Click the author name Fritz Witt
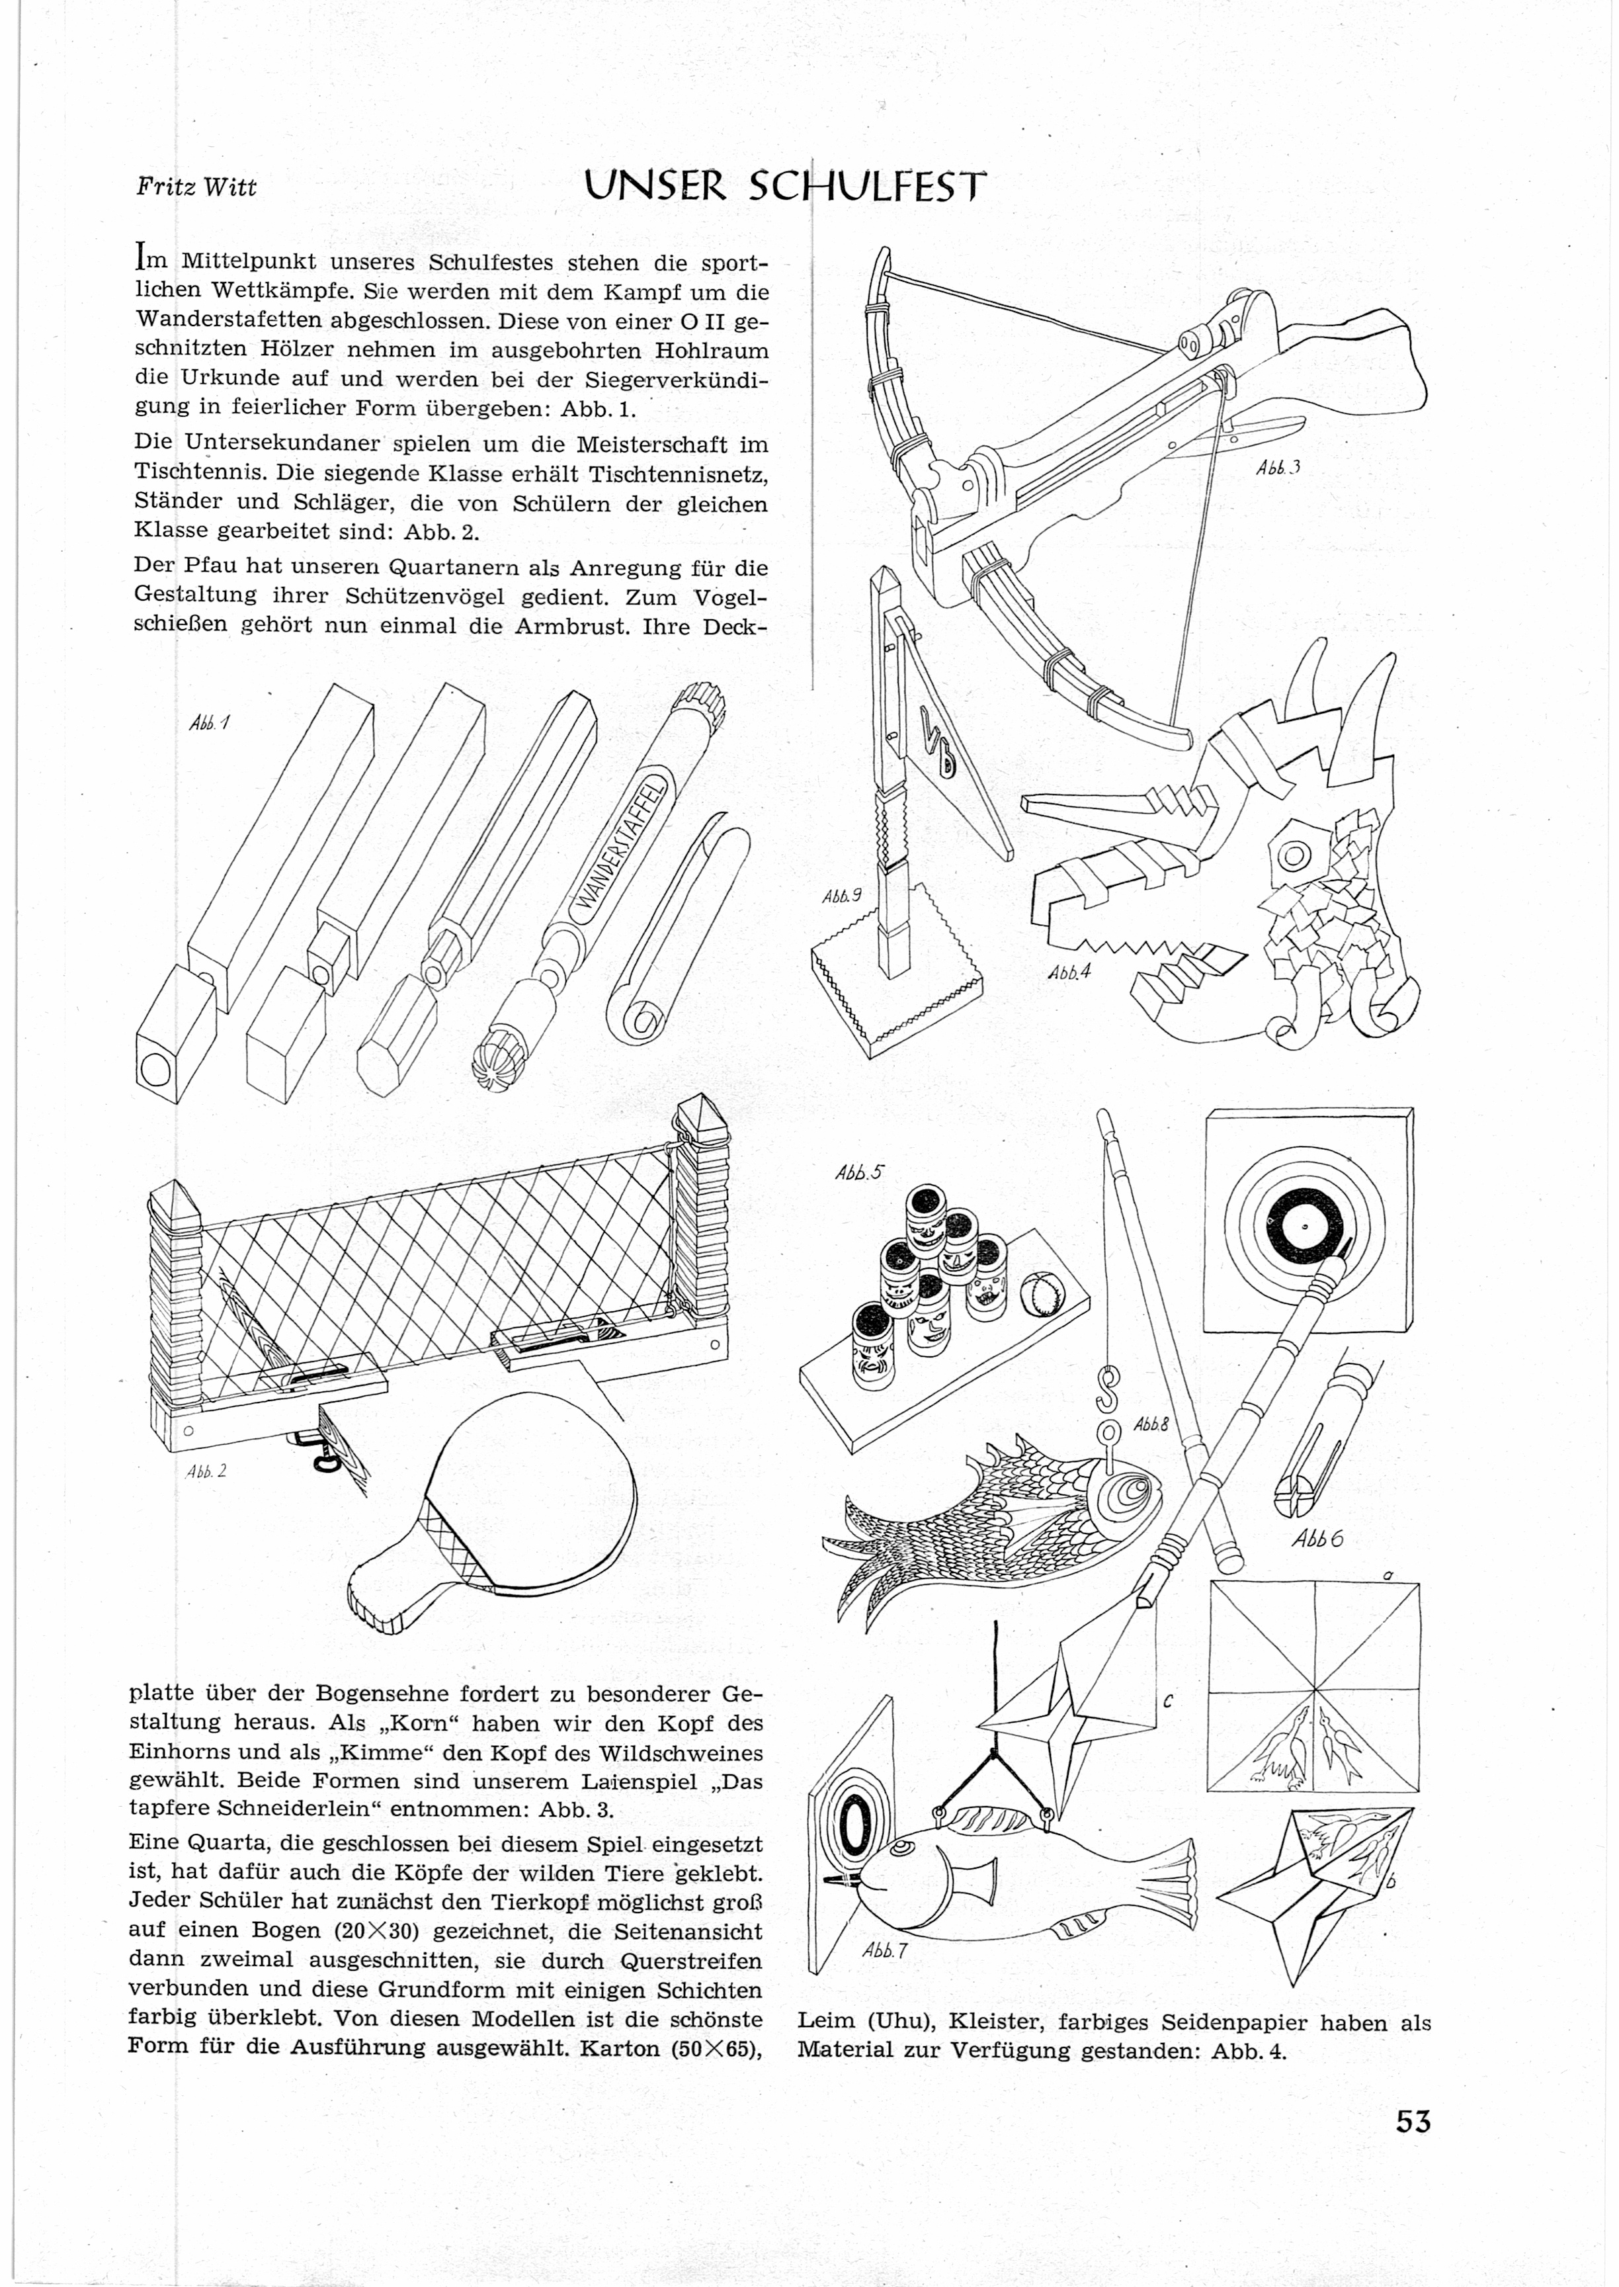196,187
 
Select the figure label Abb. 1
208,723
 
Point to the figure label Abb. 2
206,1469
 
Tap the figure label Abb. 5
859,1172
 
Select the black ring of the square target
1300,1223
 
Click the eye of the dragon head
1296,854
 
